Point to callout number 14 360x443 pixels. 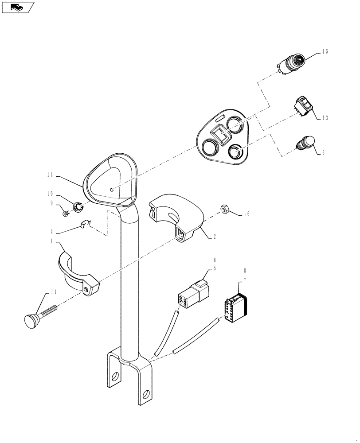pos(49,175)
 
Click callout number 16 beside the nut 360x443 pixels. pos(246,214)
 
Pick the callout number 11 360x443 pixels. pos(53,292)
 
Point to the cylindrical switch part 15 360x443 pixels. pos(291,64)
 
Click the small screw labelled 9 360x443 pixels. pos(66,214)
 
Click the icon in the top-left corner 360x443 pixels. pos(18,7)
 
